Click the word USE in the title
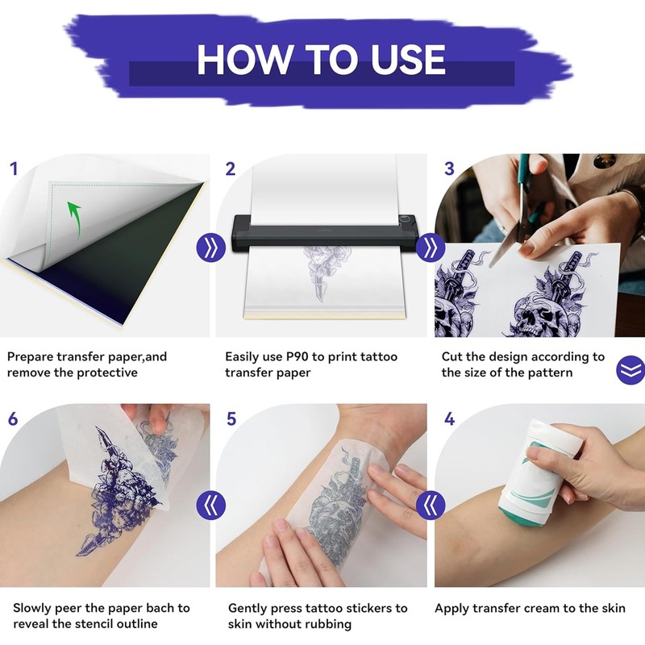[408, 60]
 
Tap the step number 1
[14, 169]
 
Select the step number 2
[231, 169]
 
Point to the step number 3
[449, 169]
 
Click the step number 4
[449, 418]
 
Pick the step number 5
[231, 418]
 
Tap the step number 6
[13, 418]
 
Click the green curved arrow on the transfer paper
[75, 218]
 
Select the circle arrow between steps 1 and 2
[211, 248]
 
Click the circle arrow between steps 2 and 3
[431, 248]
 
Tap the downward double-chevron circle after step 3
[630, 370]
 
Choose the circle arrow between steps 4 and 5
[431, 505]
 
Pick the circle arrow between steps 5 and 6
[211, 505]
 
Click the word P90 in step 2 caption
[297, 356]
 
